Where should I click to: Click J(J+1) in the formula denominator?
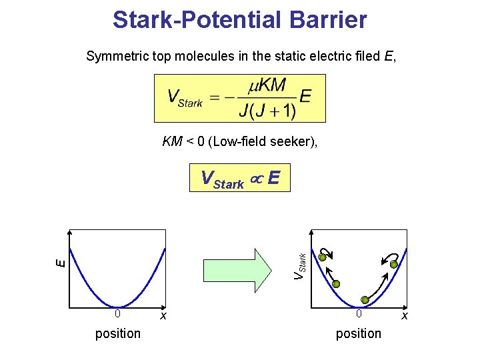tap(267, 110)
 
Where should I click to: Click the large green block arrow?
tap(256, 270)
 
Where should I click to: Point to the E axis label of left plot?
tap(60, 263)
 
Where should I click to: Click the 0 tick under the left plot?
tap(117, 313)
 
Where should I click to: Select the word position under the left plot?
tap(118, 333)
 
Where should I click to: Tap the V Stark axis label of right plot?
tap(301, 265)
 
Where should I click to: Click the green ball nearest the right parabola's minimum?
tap(364, 300)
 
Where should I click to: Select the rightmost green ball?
tap(394, 265)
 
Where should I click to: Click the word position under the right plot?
tap(359, 333)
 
